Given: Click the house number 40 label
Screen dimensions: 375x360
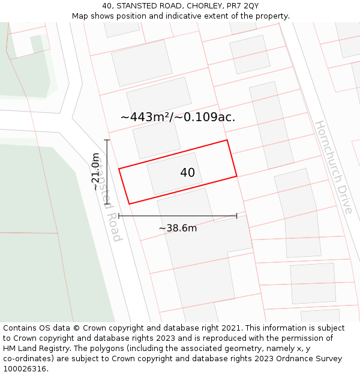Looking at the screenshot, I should tap(187, 173).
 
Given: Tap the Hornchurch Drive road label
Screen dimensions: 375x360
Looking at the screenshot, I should tap(334, 167).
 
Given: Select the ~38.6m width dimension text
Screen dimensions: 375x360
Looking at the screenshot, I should tap(178, 228).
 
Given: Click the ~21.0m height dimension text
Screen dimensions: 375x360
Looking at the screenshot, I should tap(95, 172).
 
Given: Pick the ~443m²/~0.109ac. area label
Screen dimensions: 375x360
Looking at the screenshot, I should tap(178, 117).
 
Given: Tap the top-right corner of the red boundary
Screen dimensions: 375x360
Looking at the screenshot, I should tap(227, 140).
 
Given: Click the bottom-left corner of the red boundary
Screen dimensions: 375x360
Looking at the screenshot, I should tap(129, 204).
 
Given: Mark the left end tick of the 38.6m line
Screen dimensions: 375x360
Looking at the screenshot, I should tap(119, 216).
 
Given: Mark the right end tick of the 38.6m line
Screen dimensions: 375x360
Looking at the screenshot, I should tap(236, 216).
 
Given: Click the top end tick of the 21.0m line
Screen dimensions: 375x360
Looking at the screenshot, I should tap(107, 140).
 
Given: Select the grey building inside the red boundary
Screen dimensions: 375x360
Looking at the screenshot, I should tap(175, 173).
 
